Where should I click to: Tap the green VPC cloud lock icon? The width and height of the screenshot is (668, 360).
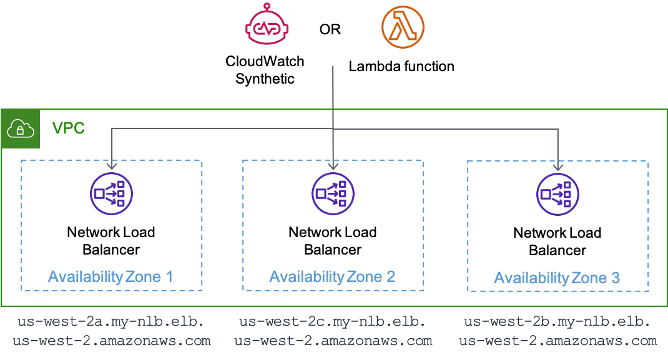coord(21,130)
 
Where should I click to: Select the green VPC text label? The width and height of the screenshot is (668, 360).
coord(68,129)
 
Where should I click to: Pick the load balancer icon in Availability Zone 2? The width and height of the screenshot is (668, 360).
coord(333,194)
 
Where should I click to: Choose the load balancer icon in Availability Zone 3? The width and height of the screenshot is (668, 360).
coord(557,194)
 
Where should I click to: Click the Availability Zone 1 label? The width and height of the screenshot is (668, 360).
coord(111,276)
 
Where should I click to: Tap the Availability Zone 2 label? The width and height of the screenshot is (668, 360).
coord(332,276)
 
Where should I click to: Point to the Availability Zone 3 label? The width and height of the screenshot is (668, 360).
coord(557,278)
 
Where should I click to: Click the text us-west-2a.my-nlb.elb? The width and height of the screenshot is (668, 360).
coord(111,323)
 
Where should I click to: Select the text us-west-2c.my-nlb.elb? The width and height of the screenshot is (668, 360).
coord(333,322)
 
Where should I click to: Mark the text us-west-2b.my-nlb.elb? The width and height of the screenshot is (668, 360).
coord(557,323)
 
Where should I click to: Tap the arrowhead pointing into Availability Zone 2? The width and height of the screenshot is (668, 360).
coord(333,167)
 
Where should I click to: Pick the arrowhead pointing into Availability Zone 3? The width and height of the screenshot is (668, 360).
coord(557,167)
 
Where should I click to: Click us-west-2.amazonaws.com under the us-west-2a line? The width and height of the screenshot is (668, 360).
coord(111,341)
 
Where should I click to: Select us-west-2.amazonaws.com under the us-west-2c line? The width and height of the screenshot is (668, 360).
coord(333,341)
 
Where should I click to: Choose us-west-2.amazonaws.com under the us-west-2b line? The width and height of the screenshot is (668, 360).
coord(557,341)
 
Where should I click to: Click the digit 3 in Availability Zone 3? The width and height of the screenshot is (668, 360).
coord(616,278)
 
